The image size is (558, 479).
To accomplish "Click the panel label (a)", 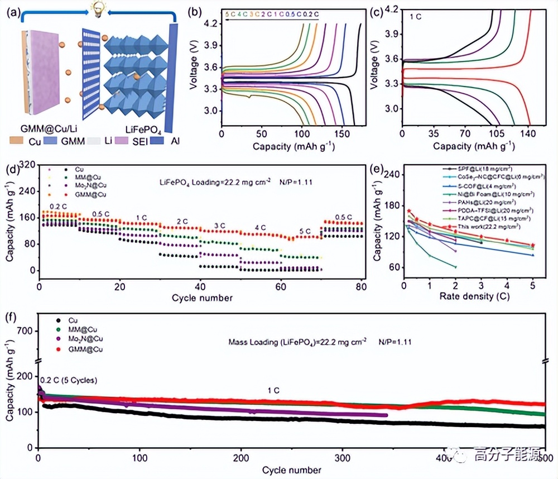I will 11,10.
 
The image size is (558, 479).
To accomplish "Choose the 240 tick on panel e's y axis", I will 393,174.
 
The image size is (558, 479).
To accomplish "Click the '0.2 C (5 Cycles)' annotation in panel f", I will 69,380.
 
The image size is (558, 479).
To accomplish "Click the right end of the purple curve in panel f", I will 386,415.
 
